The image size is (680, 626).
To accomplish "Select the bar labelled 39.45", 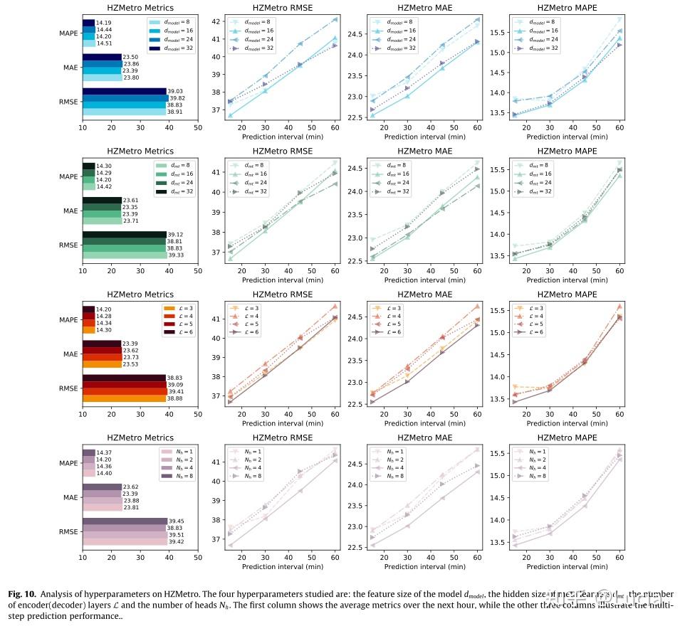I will pyautogui.click(x=125, y=521).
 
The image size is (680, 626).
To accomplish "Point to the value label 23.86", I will pyautogui.click(x=132, y=64).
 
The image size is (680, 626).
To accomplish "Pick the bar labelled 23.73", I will pyautogui.click(x=102, y=357).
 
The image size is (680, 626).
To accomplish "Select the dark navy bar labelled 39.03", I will pyautogui.click(x=124, y=91).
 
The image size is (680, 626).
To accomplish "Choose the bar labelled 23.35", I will pyautogui.click(x=102, y=207).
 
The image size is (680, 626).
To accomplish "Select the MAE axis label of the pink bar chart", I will pyautogui.click(x=69, y=497).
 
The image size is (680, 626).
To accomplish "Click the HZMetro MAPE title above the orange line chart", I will pyautogui.click(x=567, y=294).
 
